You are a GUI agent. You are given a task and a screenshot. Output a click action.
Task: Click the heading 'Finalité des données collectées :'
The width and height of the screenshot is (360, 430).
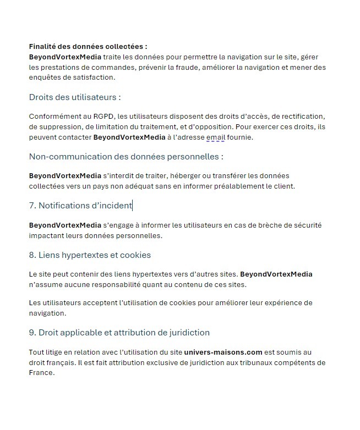pyautogui.click(x=88, y=47)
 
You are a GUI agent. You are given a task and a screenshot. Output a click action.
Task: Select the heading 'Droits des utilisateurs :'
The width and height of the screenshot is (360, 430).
pyautogui.click(x=74, y=97)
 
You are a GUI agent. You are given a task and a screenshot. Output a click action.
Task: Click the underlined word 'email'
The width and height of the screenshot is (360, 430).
pyautogui.click(x=216, y=137)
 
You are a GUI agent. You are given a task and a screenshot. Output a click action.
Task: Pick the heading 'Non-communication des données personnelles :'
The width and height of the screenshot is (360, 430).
pyautogui.click(x=126, y=156)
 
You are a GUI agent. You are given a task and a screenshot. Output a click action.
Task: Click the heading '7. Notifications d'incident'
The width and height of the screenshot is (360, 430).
pyautogui.click(x=80, y=206)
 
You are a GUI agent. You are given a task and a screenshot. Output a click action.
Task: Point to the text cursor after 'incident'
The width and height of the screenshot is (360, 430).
pyautogui.click(x=133, y=206)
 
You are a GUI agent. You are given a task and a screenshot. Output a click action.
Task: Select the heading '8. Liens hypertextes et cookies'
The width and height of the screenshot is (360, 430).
pyautogui.click(x=90, y=255)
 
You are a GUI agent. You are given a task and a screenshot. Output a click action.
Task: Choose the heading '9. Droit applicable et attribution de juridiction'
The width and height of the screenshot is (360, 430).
pyautogui.click(x=119, y=333)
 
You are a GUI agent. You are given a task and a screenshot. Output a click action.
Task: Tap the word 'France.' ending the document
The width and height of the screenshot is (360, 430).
pyautogui.click(x=42, y=372)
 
